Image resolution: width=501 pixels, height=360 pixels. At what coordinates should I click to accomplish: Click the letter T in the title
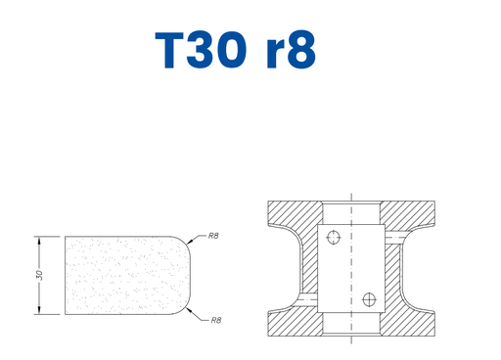(x=170, y=50)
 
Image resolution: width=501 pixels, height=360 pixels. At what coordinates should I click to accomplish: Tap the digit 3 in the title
(x=201, y=50)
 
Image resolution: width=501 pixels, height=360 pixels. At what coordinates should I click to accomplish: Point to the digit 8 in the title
(x=300, y=50)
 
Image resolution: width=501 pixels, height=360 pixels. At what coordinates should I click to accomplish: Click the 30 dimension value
(x=39, y=275)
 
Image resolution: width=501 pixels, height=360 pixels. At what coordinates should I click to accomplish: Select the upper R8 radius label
(x=213, y=236)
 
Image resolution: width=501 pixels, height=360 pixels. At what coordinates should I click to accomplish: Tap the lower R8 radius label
(x=216, y=320)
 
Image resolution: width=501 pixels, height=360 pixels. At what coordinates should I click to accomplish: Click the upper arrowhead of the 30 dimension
(x=39, y=242)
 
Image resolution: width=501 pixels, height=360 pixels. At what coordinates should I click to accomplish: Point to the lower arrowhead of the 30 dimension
(x=39, y=309)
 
